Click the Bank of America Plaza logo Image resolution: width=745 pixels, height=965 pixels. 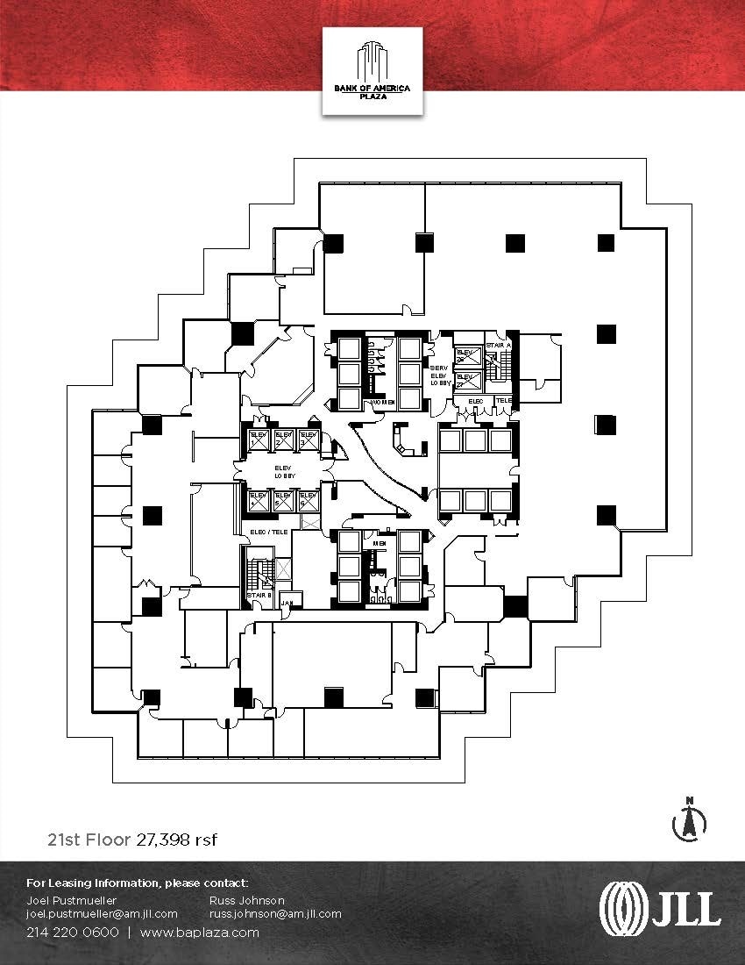click(372, 70)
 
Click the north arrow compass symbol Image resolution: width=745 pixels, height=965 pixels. click(690, 821)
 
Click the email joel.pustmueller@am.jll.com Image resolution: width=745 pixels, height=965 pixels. click(103, 913)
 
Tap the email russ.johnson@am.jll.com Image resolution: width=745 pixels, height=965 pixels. click(275, 913)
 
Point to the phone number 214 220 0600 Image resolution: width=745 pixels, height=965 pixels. click(73, 933)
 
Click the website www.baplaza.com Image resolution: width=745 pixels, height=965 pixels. click(200, 933)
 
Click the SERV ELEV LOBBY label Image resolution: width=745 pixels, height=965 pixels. click(440, 375)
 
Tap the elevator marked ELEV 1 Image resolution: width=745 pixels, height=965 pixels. click(259, 439)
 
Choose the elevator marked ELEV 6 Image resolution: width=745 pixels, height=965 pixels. click(308, 500)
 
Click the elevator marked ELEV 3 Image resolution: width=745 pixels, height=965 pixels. click(308, 439)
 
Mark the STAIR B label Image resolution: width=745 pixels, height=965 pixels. click(258, 596)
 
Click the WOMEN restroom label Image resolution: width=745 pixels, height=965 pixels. click(382, 403)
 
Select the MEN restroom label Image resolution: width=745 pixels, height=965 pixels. click(380, 543)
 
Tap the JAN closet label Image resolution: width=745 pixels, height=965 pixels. click(287, 603)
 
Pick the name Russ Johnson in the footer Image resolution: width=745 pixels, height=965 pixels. click(246, 900)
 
